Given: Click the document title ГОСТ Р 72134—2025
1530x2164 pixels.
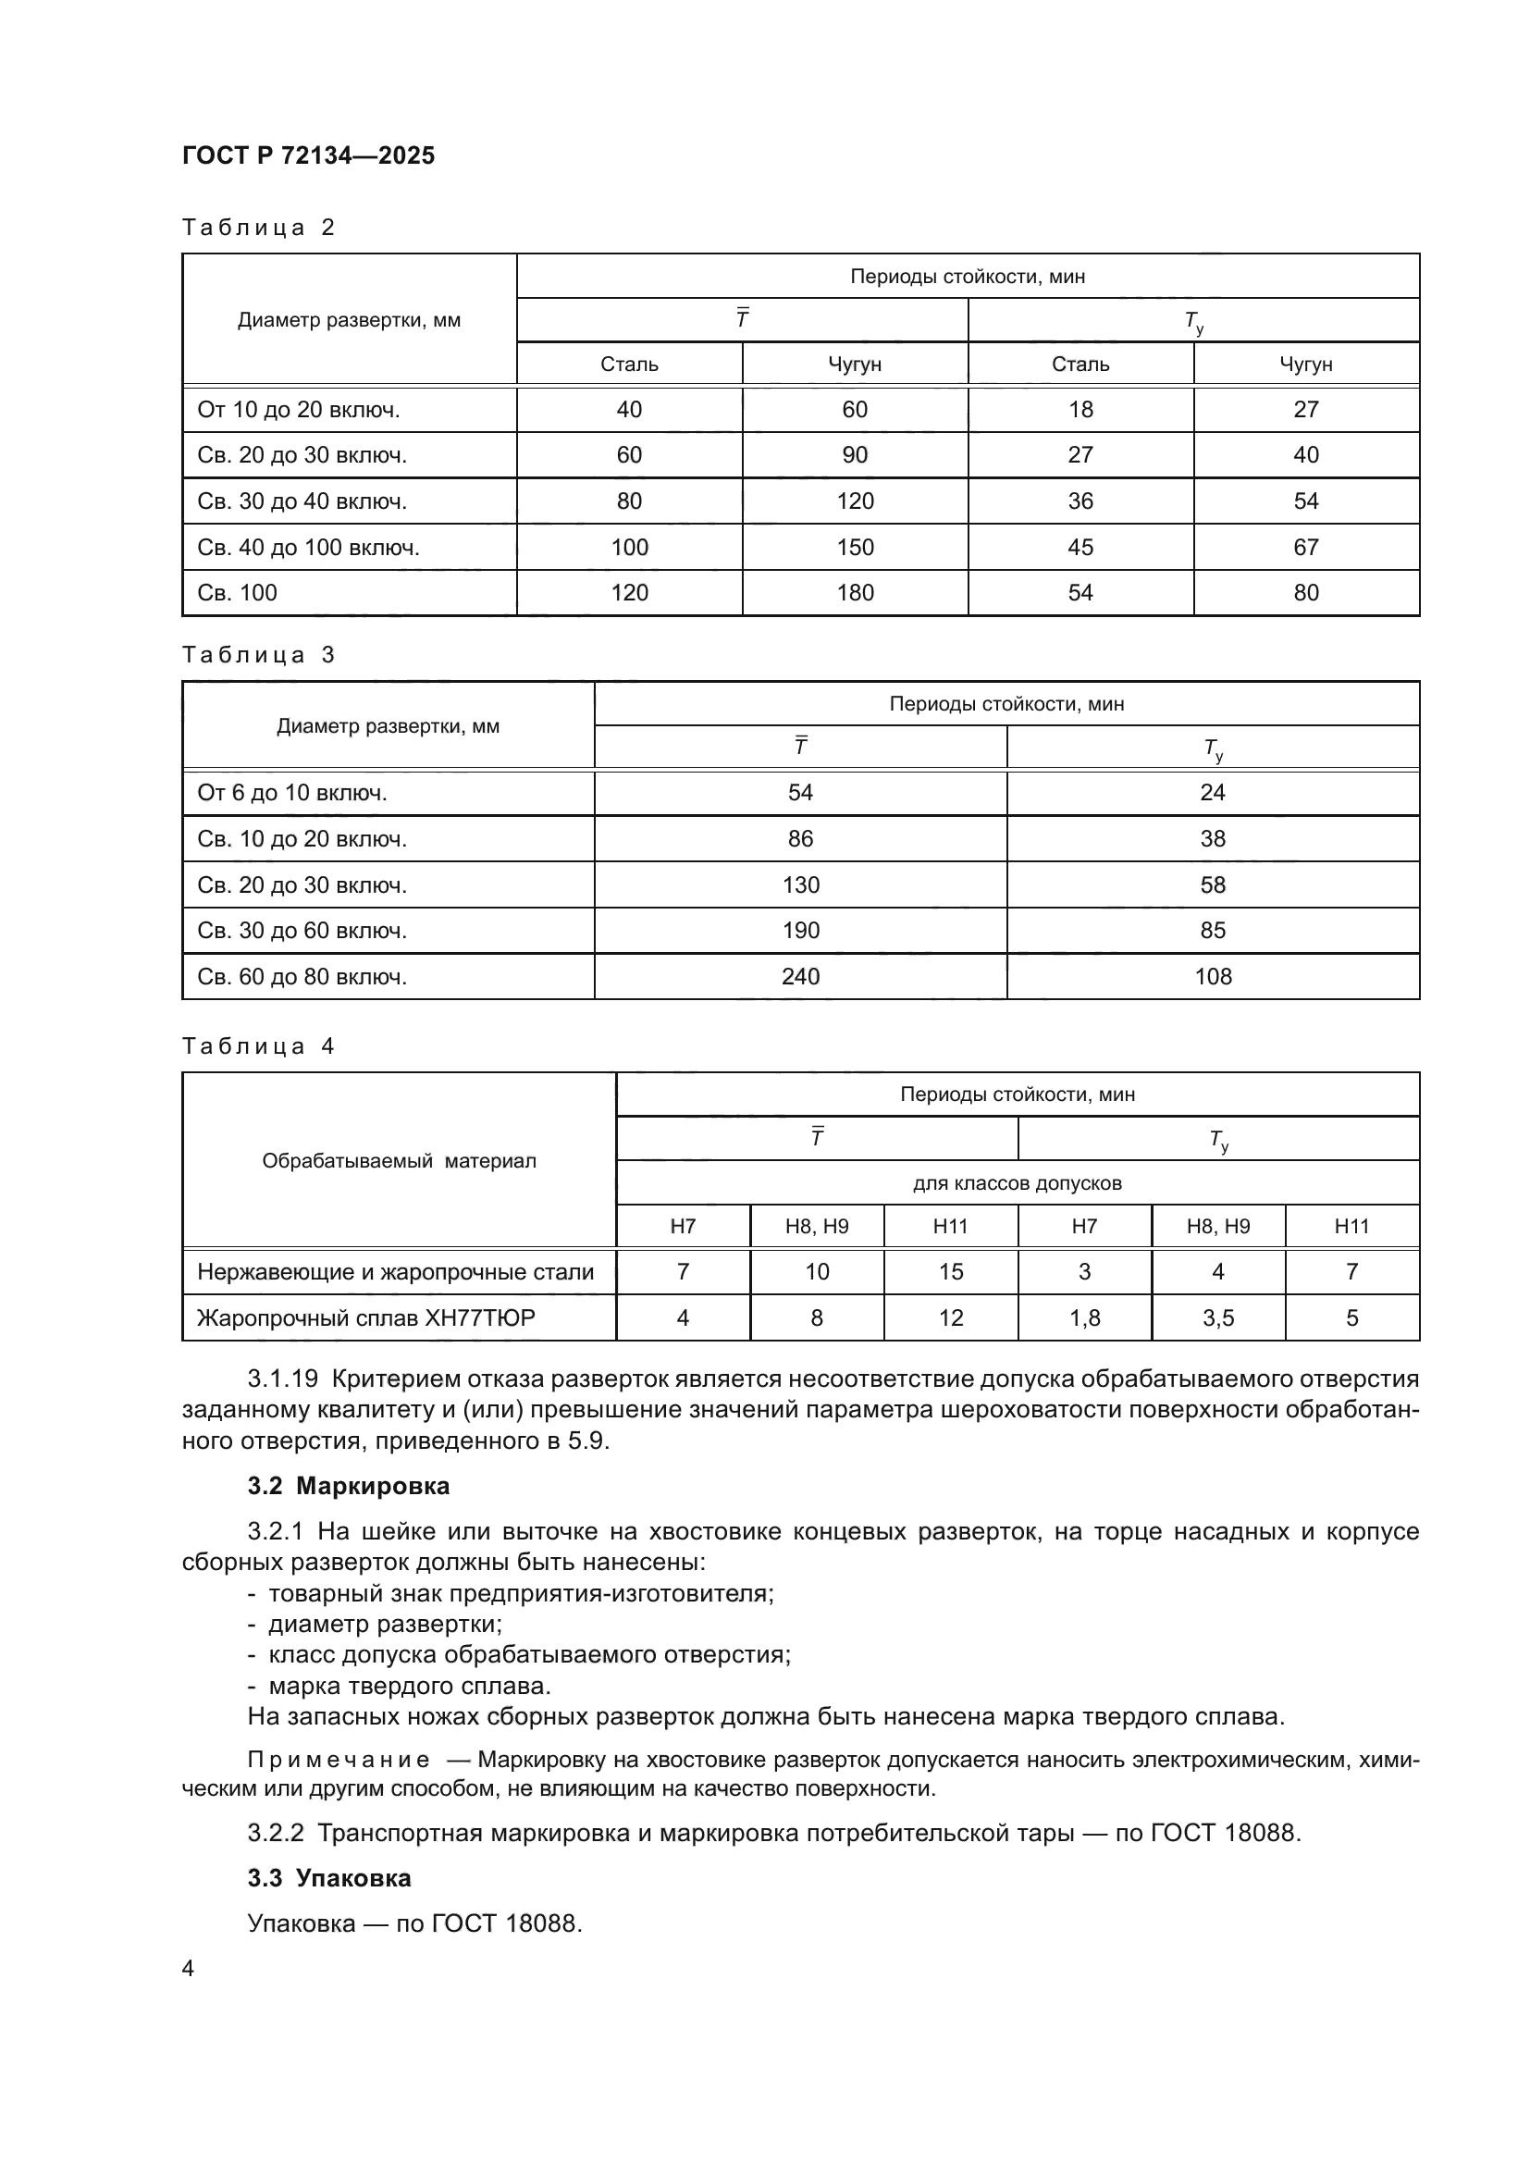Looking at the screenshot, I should click(308, 155).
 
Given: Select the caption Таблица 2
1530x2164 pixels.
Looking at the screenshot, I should click(258, 228).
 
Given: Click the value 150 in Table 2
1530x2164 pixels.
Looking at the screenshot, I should click(855, 548).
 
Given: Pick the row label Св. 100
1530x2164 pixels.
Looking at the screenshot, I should click(238, 593).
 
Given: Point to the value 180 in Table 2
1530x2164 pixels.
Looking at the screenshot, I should click(855, 593).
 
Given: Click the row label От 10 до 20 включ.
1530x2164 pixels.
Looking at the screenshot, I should click(298, 410).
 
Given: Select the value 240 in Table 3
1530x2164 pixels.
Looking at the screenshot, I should click(800, 976).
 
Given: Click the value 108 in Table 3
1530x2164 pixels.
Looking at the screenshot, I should click(1213, 976).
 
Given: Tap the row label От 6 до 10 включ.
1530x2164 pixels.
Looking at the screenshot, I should click(292, 793).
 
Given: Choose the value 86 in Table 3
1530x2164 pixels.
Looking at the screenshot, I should click(800, 839).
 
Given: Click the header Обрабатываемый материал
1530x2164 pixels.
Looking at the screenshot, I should click(399, 1161).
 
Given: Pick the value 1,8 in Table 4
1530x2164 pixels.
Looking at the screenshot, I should click(1084, 1317).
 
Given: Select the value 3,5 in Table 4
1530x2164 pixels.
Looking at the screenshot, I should click(1218, 1317).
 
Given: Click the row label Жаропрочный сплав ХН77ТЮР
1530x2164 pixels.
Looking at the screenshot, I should click(365, 1317).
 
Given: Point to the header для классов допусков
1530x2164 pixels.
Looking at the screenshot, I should click(1017, 1183).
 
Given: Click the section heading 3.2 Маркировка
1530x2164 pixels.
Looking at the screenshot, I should click(348, 1486).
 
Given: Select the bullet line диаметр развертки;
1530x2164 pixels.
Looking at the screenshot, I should click(385, 1624).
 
